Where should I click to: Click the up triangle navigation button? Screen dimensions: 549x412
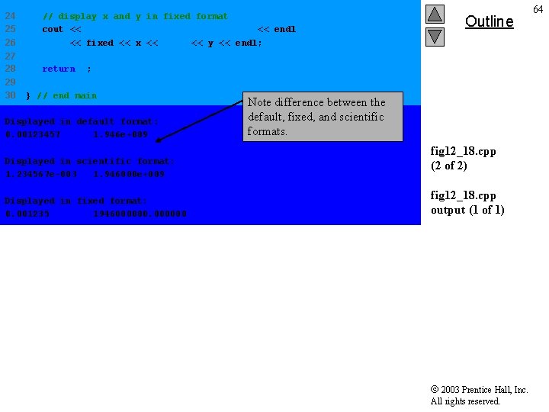point(435,14)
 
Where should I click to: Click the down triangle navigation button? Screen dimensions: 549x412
point(435,36)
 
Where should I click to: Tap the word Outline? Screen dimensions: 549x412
point(489,21)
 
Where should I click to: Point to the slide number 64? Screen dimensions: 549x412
point(539,8)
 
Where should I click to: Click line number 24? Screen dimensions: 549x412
point(10,16)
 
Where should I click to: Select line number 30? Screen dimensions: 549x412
point(10,95)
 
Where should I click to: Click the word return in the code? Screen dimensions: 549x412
point(59,69)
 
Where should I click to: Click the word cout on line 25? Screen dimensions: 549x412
point(53,29)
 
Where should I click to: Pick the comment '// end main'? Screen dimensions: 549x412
point(67,95)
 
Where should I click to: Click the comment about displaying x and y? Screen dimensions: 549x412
point(135,16)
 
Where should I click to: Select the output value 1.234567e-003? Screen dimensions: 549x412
point(41,174)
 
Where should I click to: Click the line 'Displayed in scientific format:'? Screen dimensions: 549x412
point(90,161)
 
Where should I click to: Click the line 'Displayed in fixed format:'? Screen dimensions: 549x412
point(76,201)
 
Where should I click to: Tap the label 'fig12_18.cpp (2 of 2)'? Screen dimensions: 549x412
point(464,158)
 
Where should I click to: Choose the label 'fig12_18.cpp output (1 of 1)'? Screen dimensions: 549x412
point(467,202)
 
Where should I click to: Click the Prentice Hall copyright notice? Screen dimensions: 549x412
point(479,395)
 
